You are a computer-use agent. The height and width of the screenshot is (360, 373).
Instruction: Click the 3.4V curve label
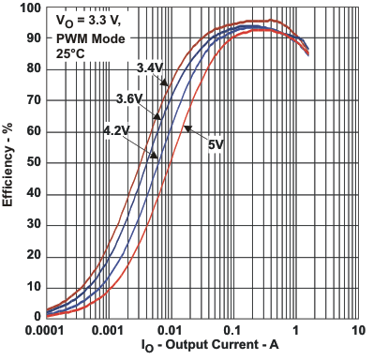(x=151, y=67)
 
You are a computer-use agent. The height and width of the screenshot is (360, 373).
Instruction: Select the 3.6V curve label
(x=129, y=98)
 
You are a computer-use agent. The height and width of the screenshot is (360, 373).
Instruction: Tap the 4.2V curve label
(x=117, y=130)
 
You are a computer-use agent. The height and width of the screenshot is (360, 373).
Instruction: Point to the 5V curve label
(x=215, y=145)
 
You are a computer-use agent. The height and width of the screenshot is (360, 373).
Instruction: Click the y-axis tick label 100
(x=30, y=7)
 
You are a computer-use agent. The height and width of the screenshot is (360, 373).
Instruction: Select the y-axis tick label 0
(x=37, y=317)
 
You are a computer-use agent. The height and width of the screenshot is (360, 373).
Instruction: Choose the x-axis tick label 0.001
(x=108, y=331)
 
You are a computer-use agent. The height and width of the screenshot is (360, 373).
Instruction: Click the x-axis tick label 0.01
(x=171, y=331)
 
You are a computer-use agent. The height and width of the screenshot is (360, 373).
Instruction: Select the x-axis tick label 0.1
(x=233, y=331)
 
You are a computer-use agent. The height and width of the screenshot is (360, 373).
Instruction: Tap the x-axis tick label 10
(x=358, y=331)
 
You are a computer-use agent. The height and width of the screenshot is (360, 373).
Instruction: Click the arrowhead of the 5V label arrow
(x=185, y=127)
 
